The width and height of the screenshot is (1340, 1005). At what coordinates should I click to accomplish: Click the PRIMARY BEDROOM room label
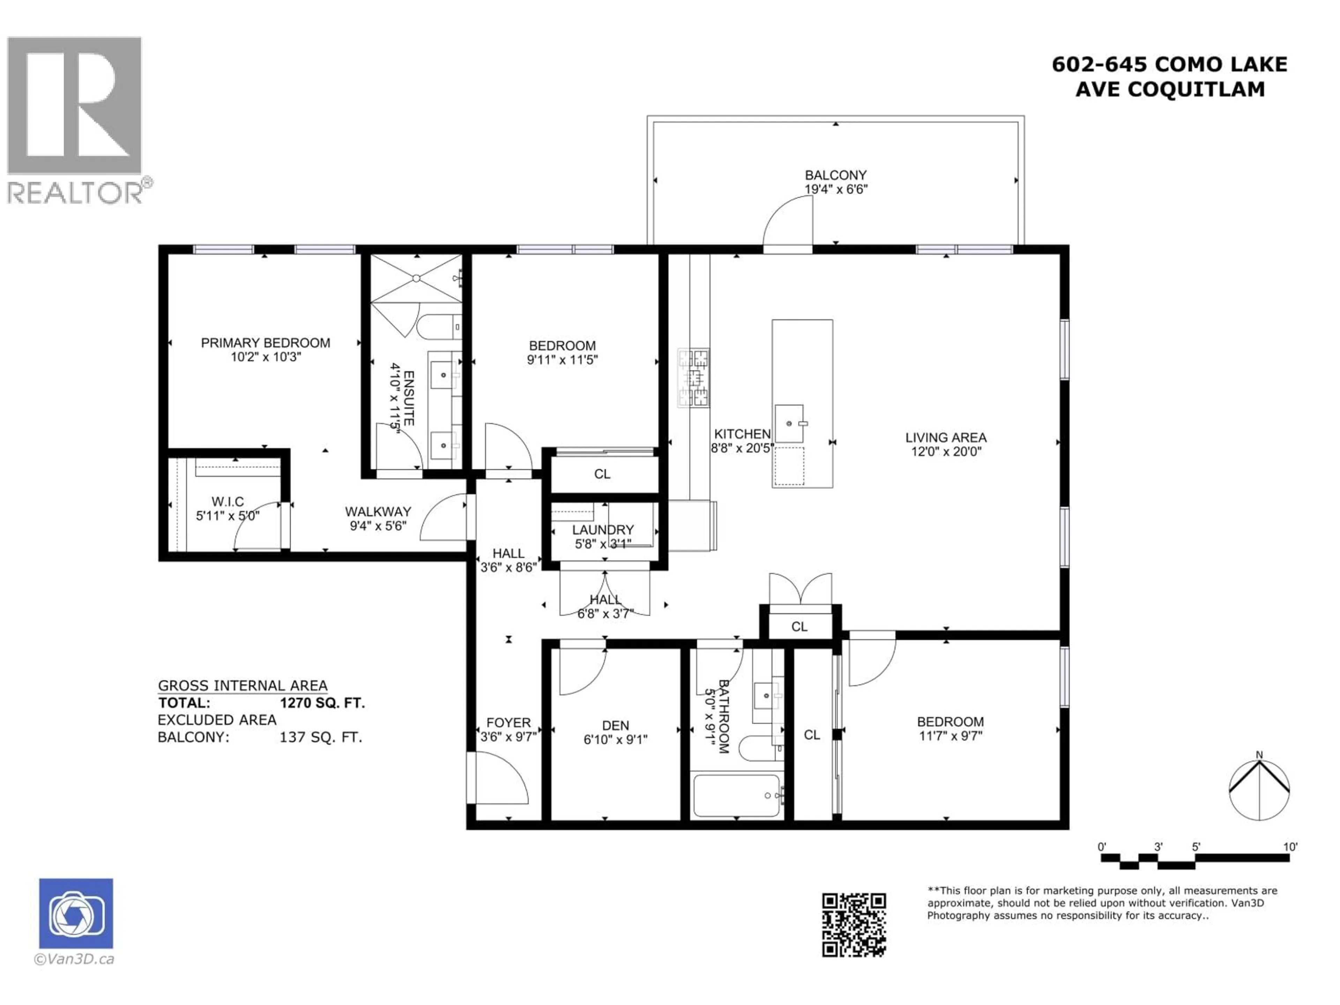[265, 343]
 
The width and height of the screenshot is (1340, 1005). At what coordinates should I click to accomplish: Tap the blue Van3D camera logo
[76, 914]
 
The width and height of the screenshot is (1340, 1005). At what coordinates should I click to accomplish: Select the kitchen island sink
[789, 423]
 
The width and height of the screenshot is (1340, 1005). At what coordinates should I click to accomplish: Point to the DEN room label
[616, 725]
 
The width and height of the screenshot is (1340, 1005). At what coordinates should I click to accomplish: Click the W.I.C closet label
[228, 501]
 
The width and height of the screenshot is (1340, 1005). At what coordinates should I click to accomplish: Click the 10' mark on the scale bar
[1290, 847]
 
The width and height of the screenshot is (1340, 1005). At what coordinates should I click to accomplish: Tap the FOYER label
[508, 723]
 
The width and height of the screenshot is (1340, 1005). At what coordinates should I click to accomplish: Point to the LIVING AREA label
[946, 437]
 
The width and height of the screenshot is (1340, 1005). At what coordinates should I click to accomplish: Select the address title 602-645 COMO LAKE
[1169, 64]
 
